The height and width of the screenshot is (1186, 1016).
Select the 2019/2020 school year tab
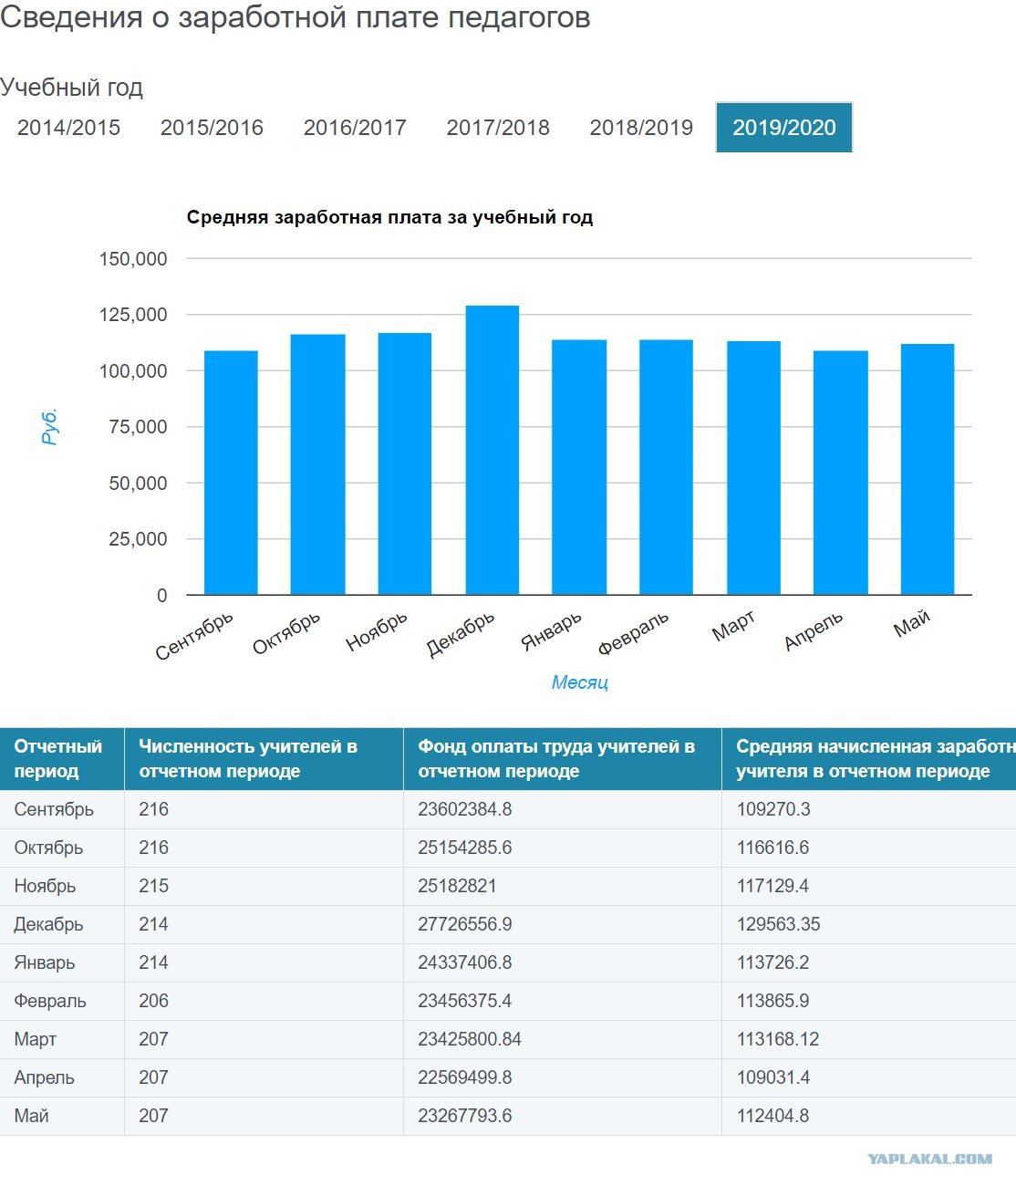click(x=783, y=128)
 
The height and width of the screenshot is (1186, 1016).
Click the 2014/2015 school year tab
click(x=68, y=128)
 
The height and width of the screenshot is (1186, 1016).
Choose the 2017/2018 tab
click(x=498, y=128)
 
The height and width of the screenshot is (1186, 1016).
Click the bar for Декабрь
click(x=492, y=450)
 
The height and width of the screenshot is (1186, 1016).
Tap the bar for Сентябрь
click(x=231, y=473)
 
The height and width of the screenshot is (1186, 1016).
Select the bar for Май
click(x=928, y=469)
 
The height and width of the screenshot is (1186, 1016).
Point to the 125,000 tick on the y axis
click(x=133, y=315)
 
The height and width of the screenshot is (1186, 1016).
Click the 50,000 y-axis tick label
click(x=138, y=484)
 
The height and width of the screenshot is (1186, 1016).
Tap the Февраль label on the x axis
click(x=633, y=633)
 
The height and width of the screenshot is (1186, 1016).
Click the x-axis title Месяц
click(x=579, y=682)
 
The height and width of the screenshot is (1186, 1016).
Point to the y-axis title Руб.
click(x=50, y=426)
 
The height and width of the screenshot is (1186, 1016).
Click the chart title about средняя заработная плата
click(x=389, y=217)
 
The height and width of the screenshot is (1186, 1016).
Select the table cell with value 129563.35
click(x=778, y=924)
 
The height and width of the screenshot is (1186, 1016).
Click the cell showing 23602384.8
click(x=465, y=809)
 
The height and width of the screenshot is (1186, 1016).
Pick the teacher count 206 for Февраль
click(x=154, y=1001)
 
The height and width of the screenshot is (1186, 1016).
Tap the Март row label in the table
click(x=35, y=1039)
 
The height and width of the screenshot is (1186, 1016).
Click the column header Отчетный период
click(x=58, y=758)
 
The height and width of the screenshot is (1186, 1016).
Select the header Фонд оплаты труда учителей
click(x=556, y=758)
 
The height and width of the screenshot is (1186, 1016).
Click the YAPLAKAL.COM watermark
click(x=930, y=1160)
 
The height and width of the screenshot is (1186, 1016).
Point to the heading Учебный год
click(x=72, y=88)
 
